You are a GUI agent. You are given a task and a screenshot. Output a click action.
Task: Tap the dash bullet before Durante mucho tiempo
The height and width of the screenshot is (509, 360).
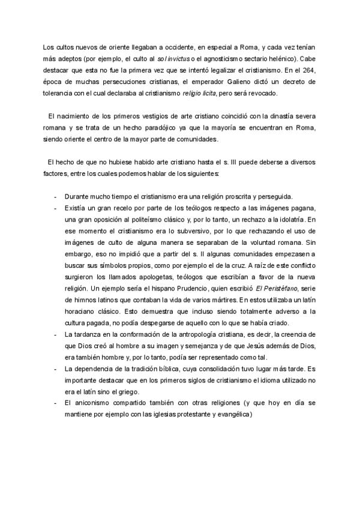coord(55,196)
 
